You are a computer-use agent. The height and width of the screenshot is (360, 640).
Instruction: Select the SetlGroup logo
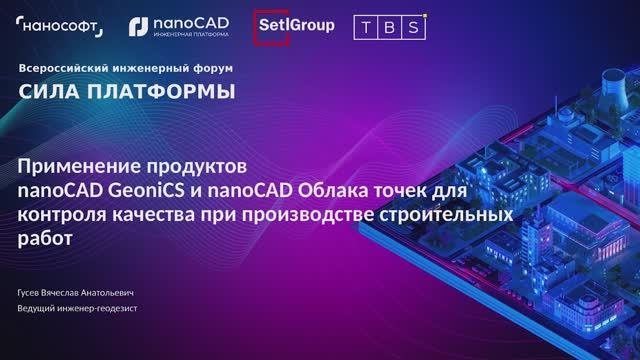[x=295, y=25]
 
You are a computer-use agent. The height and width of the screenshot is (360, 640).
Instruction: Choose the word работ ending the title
[x=46, y=237]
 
